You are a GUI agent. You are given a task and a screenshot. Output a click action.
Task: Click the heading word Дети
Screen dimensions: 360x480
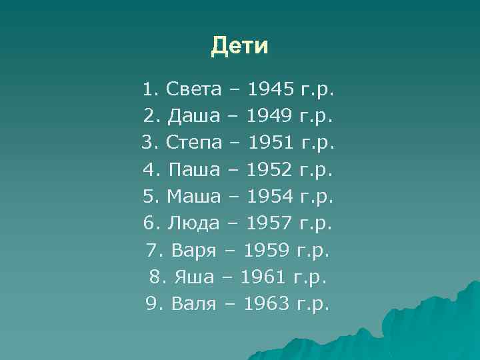(x=239, y=47)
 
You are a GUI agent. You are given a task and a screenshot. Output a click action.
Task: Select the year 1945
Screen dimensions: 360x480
(x=269, y=89)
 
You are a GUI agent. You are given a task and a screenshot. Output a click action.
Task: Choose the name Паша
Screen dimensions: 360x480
(x=193, y=170)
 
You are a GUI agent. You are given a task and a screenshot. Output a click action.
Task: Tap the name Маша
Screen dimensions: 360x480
(x=193, y=197)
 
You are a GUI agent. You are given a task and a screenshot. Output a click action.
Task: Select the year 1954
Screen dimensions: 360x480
(x=269, y=197)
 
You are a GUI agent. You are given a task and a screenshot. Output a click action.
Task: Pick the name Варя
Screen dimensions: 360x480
(x=194, y=251)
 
